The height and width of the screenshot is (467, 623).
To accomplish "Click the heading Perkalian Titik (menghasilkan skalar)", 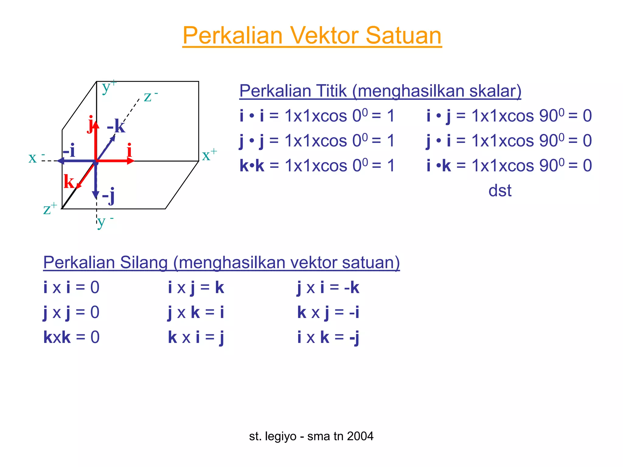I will pos(380,91).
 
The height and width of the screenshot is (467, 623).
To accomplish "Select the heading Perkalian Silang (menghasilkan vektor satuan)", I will pos(221,262).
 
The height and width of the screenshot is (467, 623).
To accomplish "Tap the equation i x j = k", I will pos(196,287).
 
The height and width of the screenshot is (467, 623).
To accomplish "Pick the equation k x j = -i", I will pos(328,312).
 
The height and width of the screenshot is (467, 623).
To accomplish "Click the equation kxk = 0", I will pos(71,337).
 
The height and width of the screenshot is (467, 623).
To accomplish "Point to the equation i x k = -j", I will pos(328,337).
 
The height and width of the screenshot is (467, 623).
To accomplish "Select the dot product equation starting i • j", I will pos(509,116).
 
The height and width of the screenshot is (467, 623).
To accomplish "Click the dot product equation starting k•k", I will pos(317,166).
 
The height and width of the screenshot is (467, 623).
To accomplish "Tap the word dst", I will pos(500,191).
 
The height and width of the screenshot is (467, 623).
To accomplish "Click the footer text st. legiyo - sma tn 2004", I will pos(311,436).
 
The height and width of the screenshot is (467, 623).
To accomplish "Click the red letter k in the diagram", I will pos(69,182).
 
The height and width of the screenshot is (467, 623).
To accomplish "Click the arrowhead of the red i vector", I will pos(131,161).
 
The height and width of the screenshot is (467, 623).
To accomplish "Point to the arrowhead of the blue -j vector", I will pos(96,195).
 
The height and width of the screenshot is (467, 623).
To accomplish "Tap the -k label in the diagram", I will pos(116,126).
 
